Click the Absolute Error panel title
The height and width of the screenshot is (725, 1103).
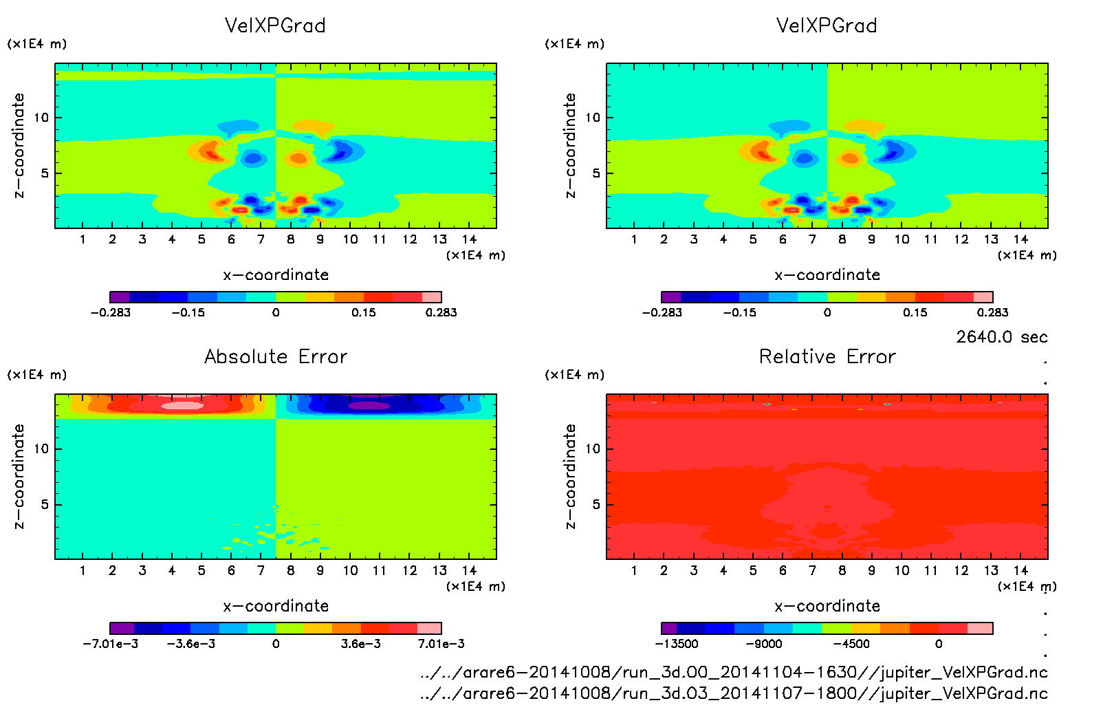(x=276, y=356)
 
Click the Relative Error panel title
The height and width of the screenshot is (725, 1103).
(x=827, y=356)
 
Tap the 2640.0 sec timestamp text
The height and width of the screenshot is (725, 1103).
(x=1001, y=337)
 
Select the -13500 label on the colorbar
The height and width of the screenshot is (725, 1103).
(x=677, y=644)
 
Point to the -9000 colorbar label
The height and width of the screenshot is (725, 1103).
(x=765, y=644)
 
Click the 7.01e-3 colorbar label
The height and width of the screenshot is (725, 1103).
(x=441, y=644)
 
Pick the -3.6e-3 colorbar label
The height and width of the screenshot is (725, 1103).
(x=191, y=644)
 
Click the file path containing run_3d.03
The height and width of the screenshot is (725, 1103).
(x=734, y=693)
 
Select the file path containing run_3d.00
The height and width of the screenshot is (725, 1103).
(x=734, y=672)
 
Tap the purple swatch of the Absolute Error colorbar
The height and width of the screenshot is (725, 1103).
(x=122, y=628)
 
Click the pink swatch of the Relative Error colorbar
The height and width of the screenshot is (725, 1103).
(x=980, y=628)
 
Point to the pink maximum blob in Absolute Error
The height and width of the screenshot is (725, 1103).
(x=182, y=405)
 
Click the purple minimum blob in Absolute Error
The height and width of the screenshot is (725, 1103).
(x=369, y=405)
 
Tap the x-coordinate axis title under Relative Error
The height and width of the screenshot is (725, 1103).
(x=827, y=606)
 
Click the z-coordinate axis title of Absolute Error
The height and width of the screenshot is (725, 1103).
(x=19, y=476)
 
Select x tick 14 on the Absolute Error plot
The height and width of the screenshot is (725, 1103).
(x=469, y=570)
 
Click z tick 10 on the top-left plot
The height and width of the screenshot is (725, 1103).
(x=42, y=118)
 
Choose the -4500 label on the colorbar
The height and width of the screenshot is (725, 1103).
(x=851, y=644)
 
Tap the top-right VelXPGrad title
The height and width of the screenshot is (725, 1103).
(x=827, y=25)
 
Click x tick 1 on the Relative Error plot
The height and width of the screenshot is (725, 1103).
(x=634, y=570)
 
